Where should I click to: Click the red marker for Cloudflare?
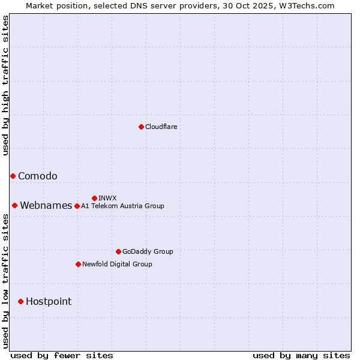tap(141, 127)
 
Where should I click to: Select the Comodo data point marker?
tap(13, 176)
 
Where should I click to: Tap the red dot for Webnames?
tap(14, 205)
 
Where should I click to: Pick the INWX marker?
tap(94, 198)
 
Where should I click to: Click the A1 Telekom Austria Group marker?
tap(77, 206)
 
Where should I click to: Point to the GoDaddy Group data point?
tap(118, 251)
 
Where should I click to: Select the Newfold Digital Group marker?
tap(78, 264)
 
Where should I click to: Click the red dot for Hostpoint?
tap(20, 301)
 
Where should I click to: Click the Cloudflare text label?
tap(161, 127)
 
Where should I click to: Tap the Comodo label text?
tap(37, 176)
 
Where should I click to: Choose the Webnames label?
tap(46, 205)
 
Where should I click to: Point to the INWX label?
tap(107, 198)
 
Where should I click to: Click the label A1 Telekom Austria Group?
tap(122, 206)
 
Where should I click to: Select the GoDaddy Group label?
tap(148, 251)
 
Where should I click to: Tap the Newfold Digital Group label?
tap(117, 264)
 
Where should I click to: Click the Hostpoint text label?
tap(48, 301)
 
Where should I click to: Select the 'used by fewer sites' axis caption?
tap(62, 355)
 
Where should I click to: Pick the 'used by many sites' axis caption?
tap(301, 355)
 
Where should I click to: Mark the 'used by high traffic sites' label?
tap(5, 85)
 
